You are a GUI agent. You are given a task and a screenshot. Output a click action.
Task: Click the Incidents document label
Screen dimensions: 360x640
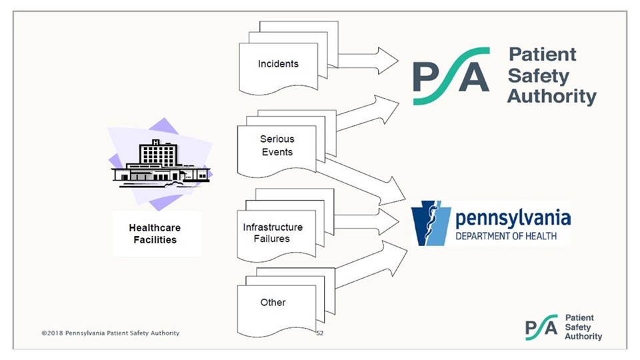(278, 64)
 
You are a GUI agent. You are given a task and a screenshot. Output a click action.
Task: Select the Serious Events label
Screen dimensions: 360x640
(277, 145)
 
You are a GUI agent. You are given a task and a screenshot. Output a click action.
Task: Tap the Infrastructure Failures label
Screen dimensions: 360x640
(272, 233)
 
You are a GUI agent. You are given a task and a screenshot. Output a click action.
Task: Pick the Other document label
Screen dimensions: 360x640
(273, 302)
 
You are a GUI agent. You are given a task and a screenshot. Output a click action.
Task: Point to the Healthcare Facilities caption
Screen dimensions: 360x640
(155, 233)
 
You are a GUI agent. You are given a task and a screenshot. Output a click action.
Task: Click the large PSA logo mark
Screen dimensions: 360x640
(451, 75)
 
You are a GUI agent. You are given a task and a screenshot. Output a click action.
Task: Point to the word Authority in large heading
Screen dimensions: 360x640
(551, 97)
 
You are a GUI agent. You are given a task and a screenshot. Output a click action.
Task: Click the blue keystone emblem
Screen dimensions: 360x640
(431, 223)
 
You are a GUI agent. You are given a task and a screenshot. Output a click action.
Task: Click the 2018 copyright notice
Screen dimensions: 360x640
(110, 333)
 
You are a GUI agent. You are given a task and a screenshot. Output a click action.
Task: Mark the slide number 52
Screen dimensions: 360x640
(320, 333)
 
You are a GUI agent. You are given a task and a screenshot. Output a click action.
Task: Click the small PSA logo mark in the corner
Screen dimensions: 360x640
(541, 327)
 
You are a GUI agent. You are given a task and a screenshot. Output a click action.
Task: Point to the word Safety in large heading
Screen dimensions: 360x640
(539, 75)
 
